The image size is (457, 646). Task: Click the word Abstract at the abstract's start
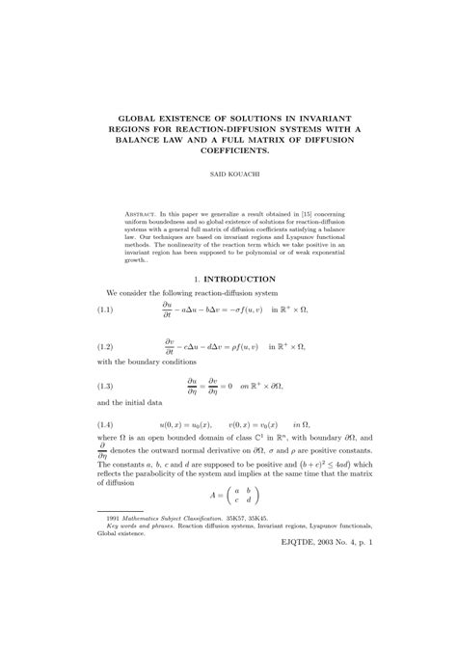[x=145, y=212]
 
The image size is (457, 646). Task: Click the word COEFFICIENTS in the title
[x=228, y=149]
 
